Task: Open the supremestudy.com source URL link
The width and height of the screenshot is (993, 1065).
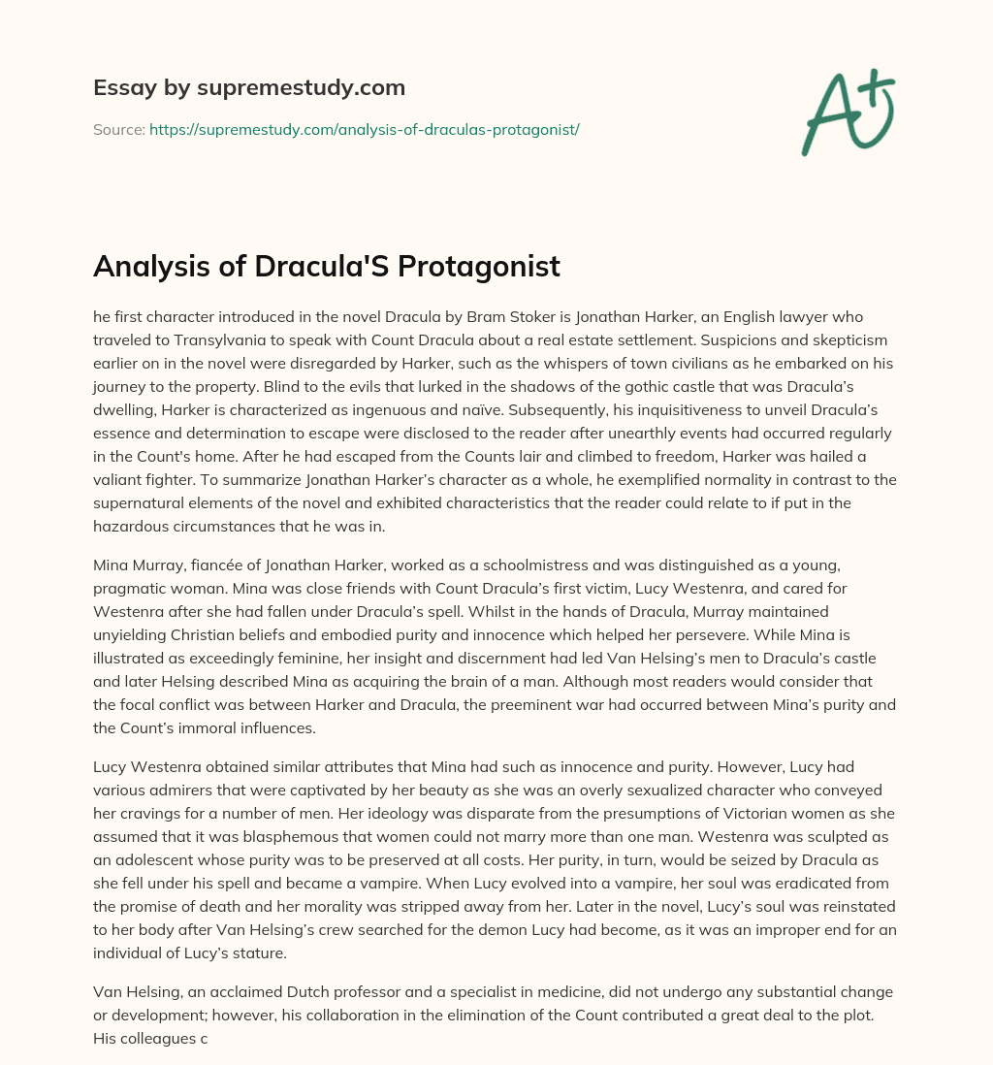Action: [364, 129]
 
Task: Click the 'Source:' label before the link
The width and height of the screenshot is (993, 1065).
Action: [118, 129]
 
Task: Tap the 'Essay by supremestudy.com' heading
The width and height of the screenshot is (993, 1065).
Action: [249, 88]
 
